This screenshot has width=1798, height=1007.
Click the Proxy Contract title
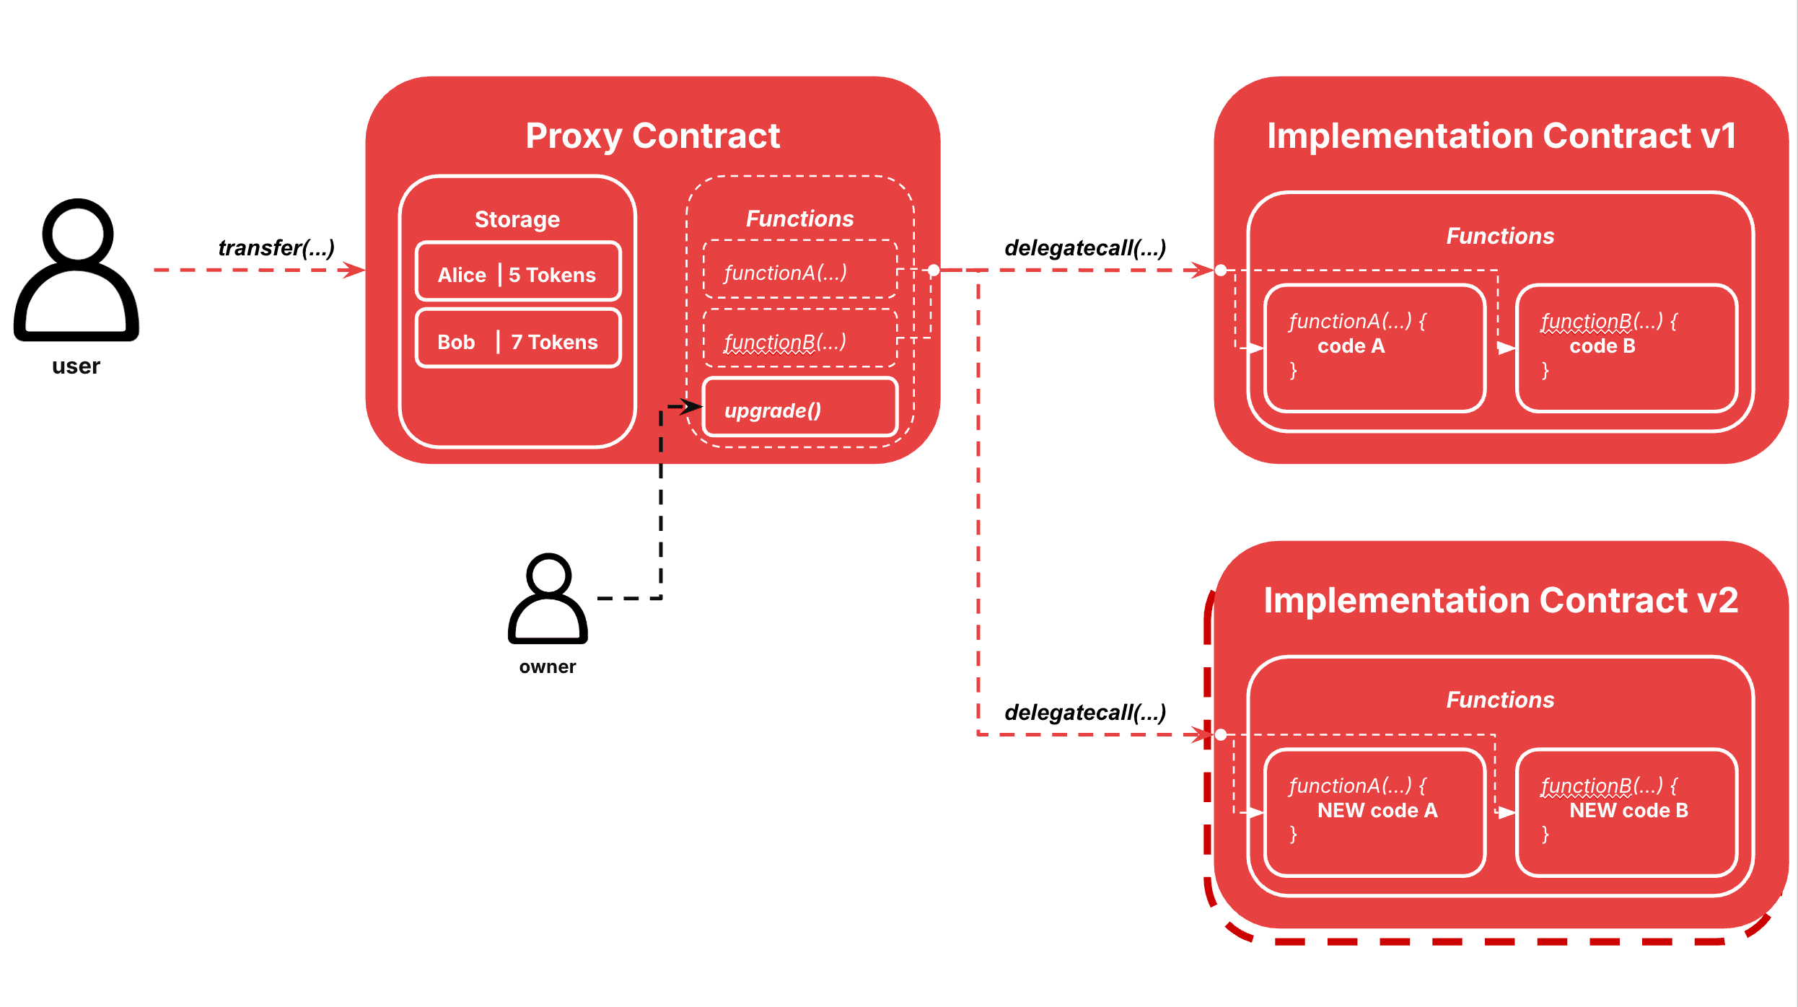pos(652,136)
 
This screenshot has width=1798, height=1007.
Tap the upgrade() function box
pos(799,408)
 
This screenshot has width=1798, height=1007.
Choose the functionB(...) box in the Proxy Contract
pos(799,339)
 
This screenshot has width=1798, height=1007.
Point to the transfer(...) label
pos(276,247)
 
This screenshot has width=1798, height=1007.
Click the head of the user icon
pos(77,232)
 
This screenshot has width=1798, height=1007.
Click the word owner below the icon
pos(548,667)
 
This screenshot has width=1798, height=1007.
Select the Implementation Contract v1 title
pos(1501,136)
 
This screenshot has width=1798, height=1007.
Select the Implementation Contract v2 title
pos(1501,600)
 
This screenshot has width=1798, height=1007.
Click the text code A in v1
pos(1351,346)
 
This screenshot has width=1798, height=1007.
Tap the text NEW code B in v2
pos(1628,811)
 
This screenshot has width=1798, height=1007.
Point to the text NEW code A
pos(1377,811)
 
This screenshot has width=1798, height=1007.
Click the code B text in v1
pos(1602,346)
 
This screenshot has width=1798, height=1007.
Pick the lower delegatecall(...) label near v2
pos(1085,713)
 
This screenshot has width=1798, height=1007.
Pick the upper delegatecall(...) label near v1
pos(1085,248)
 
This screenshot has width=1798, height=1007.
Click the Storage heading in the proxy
pos(517,219)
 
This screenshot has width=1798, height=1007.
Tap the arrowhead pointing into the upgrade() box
pos(693,407)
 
